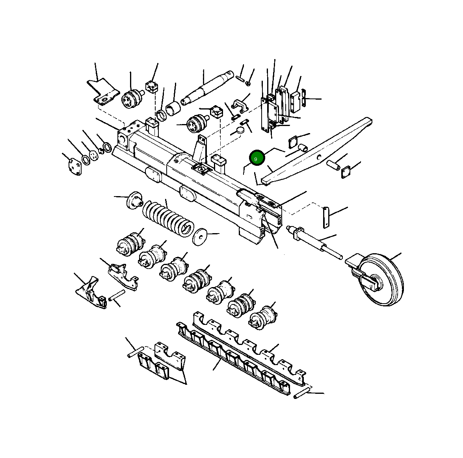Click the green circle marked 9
[x=256, y=158]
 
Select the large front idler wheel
[x=380, y=280]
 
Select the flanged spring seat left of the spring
[x=134, y=201]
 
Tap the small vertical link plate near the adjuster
[x=326, y=217]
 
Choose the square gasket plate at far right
[x=346, y=172]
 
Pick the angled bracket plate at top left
[x=103, y=91]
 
